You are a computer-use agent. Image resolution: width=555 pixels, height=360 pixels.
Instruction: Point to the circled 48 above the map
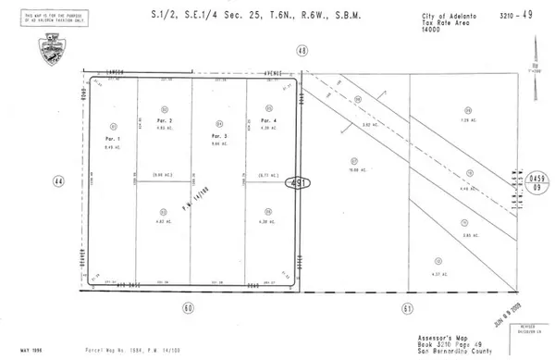point(302,51)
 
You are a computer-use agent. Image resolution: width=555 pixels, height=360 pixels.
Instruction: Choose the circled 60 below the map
point(190,306)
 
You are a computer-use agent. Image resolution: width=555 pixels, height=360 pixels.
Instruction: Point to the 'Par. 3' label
point(219,136)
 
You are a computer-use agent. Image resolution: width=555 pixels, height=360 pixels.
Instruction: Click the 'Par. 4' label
point(267,121)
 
